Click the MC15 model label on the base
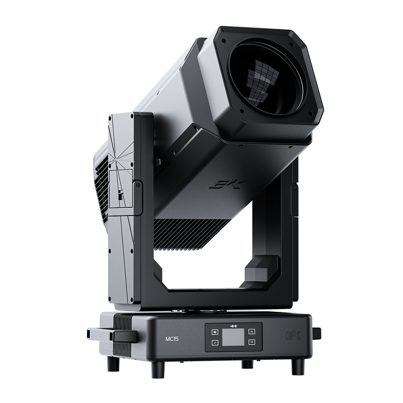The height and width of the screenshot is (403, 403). click(172, 339)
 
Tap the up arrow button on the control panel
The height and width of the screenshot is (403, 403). click(252, 331)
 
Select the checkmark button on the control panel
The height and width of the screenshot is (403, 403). click(215, 342)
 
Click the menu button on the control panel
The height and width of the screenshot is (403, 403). click(215, 332)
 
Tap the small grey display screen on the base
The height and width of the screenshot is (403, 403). click(233, 337)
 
